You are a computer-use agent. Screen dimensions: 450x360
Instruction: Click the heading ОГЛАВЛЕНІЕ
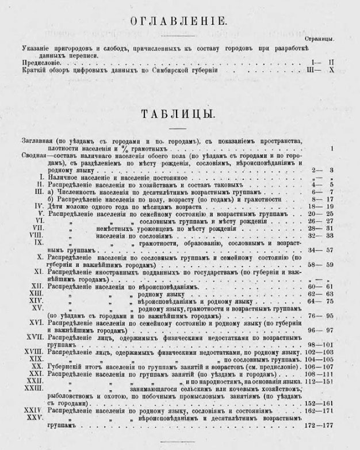[x=179, y=22]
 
